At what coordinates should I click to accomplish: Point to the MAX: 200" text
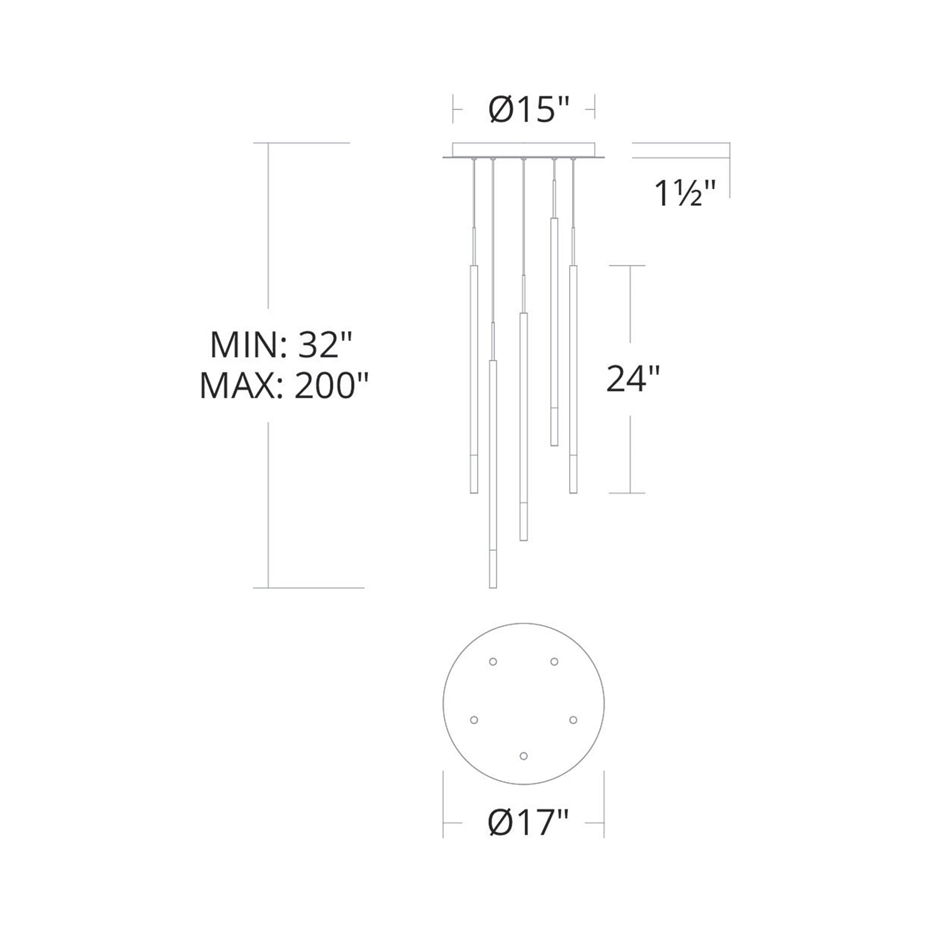284,386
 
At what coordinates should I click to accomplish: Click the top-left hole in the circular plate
493,662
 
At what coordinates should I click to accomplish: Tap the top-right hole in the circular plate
554,661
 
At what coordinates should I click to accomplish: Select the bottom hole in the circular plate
524,755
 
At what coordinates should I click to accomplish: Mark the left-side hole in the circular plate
474,720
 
